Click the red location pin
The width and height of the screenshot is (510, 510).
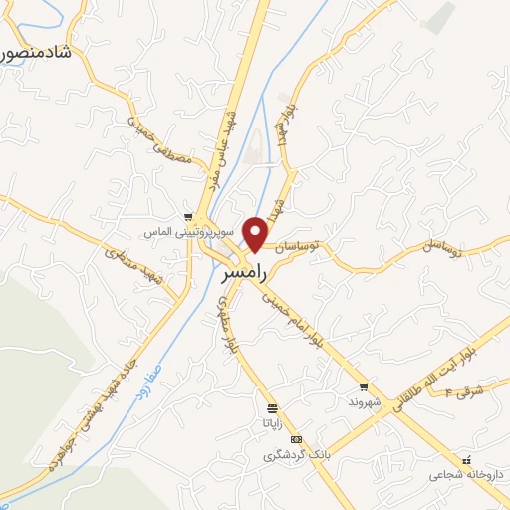click(x=257, y=233)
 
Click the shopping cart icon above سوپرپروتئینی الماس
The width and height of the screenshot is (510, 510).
click(x=188, y=215)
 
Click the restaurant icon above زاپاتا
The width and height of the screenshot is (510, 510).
click(x=271, y=409)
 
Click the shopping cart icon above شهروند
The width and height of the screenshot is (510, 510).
click(x=365, y=387)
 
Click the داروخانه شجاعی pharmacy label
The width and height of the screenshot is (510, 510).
click(x=468, y=475)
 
